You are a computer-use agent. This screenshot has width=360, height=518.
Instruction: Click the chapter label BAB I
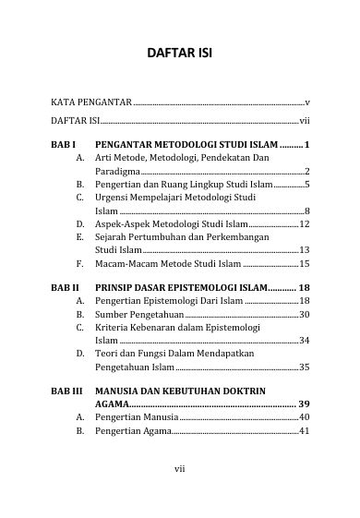coord(64,145)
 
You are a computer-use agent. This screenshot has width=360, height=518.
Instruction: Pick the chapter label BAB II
coord(66,288)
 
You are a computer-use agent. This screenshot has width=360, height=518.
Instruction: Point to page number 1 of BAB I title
coord(306,145)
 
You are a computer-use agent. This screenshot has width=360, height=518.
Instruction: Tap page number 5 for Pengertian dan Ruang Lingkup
coord(306,185)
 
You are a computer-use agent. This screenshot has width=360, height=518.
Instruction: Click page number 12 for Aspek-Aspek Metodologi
coord(304,223)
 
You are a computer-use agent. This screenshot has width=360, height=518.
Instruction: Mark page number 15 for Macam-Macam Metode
coord(304,263)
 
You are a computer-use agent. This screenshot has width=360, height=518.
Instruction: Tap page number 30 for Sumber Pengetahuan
coord(304,315)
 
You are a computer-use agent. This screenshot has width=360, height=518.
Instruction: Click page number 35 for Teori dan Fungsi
coord(304,367)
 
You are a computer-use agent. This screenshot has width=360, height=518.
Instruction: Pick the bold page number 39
coord(303,404)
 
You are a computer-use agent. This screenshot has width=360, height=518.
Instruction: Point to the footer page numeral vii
coord(180,469)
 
